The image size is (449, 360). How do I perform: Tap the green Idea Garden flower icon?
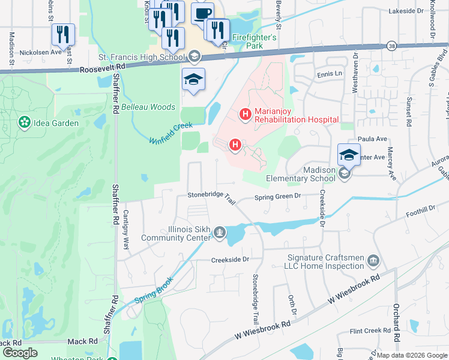[x=25, y=123]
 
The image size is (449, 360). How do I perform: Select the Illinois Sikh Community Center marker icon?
[x=220, y=232]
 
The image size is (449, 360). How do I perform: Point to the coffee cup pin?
[x=202, y=13]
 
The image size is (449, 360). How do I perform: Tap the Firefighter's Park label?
[x=255, y=41]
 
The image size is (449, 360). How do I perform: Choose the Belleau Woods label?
[x=148, y=107]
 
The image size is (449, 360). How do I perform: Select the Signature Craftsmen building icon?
[x=373, y=260]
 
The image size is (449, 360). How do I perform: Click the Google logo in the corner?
[x=20, y=353]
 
